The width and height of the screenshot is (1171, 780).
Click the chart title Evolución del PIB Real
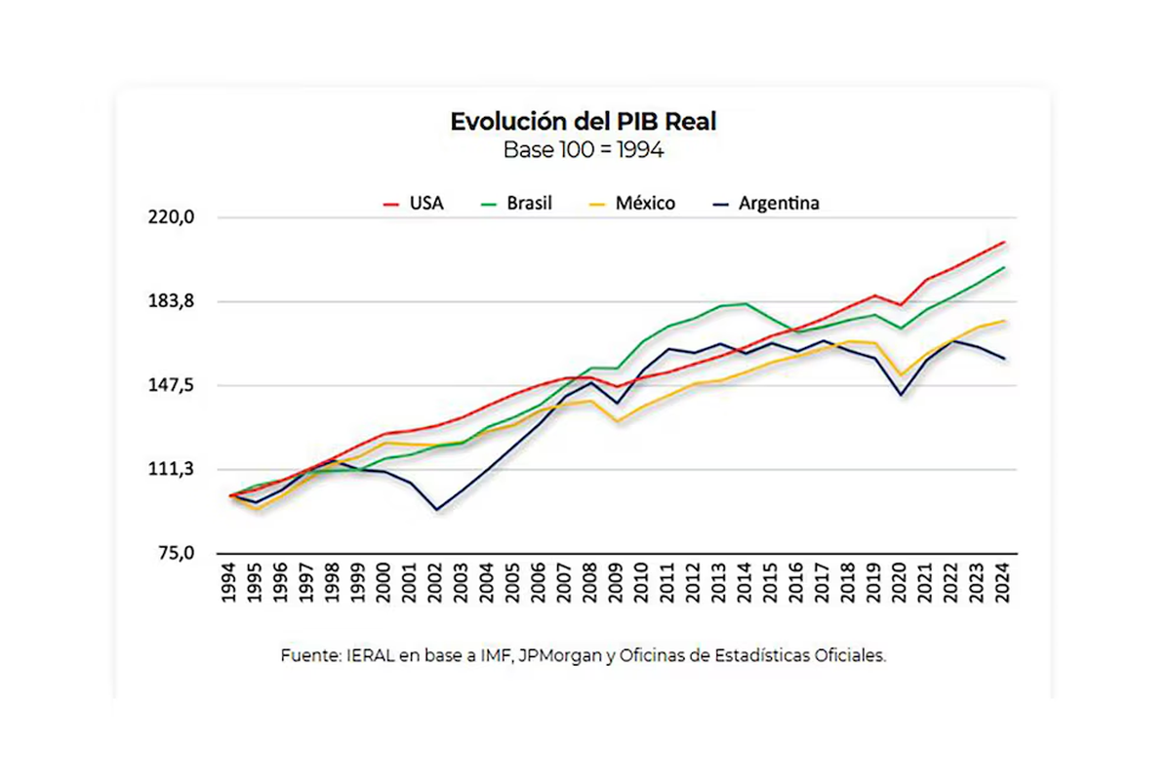click(x=584, y=122)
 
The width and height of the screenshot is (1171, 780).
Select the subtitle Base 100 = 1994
click(x=584, y=150)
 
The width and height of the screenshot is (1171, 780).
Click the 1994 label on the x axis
click(x=230, y=583)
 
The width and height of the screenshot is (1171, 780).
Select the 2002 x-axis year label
click(x=435, y=583)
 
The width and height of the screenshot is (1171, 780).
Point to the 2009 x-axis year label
click(x=616, y=583)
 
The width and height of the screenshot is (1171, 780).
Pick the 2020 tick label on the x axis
click(x=901, y=583)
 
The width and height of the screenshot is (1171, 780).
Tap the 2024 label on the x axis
click(x=1004, y=583)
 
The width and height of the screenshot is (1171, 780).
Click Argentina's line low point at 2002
click(x=436, y=510)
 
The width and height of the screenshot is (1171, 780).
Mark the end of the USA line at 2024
click(x=1004, y=242)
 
